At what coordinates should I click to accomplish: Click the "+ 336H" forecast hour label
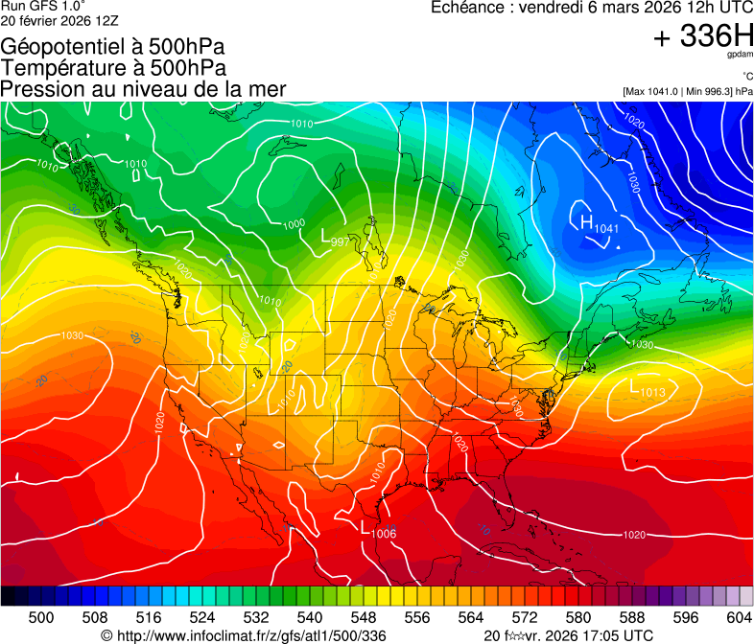click(x=703, y=37)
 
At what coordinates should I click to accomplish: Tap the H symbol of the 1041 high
click(x=585, y=222)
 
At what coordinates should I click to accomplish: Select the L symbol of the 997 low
click(x=326, y=234)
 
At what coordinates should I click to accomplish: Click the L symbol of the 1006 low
click(x=365, y=527)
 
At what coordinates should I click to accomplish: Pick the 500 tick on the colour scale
click(x=41, y=617)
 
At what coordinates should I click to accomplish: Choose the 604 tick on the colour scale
click(x=739, y=617)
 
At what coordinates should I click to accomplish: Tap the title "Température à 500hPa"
click(x=113, y=67)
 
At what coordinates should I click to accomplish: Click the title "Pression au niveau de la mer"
click(x=143, y=89)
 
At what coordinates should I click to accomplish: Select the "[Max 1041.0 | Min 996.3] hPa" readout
click(x=688, y=91)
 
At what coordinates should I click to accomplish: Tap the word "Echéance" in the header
click(x=468, y=7)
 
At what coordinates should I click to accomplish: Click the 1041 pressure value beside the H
click(x=606, y=228)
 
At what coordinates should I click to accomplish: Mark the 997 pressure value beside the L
click(x=340, y=241)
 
